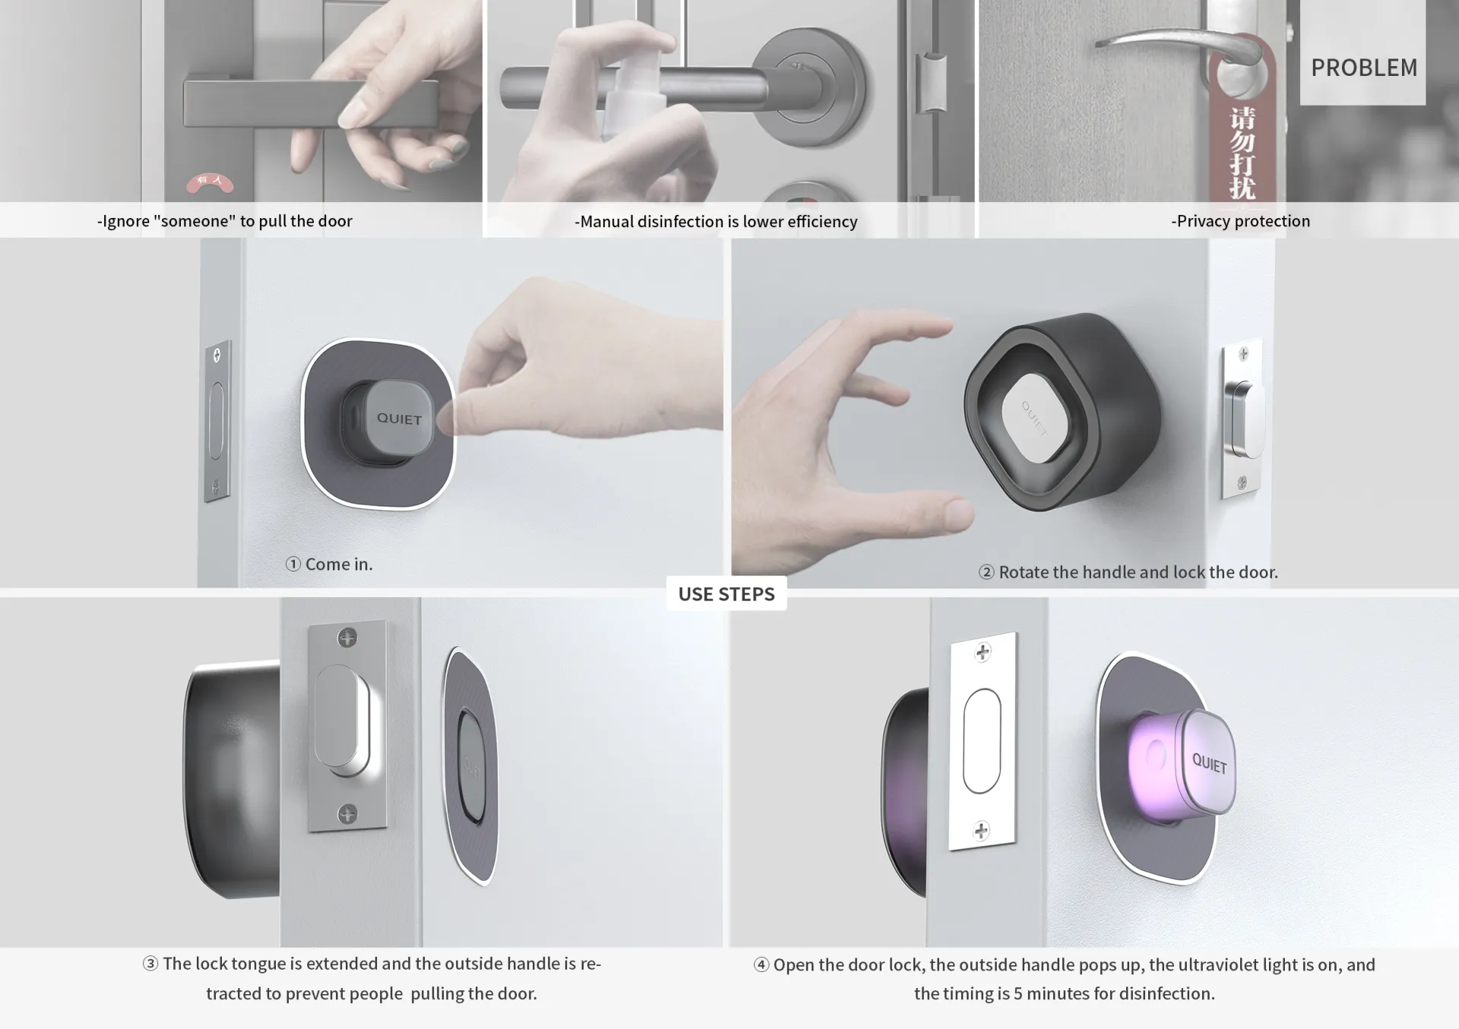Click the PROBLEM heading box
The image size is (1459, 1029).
tap(1363, 53)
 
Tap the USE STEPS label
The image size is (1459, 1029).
tap(726, 594)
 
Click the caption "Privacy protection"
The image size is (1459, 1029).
tap(1240, 221)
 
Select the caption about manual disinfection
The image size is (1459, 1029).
tap(716, 222)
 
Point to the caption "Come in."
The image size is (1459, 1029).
tap(339, 564)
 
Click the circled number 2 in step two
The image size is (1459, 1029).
tap(986, 573)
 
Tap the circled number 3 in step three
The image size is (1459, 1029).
tap(150, 964)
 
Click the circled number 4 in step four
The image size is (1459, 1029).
tap(761, 965)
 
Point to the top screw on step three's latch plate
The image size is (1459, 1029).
tap(347, 637)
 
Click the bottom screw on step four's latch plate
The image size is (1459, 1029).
tap(981, 830)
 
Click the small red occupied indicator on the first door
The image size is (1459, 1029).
tap(210, 182)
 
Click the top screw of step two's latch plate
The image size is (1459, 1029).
tap(1243, 354)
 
